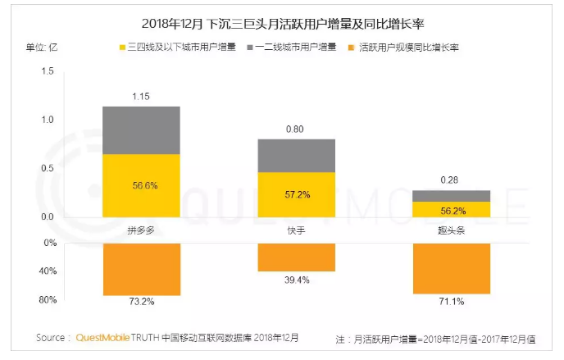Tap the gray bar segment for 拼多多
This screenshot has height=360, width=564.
pyautogui.click(x=141, y=130)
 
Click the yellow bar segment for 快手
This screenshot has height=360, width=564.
pyautogui.click(x=296, y=194)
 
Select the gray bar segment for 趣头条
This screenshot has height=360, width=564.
pyautogui.click(x=451, y=196)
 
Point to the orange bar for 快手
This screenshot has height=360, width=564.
pyautogui.click(x=296, y=257)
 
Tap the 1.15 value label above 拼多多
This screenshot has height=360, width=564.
pyautogui.click(x=141, y=97)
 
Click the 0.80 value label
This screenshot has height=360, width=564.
pyautogui.click(x=296, y=130)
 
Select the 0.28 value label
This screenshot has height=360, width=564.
pyautogui.click(x=451, y=180)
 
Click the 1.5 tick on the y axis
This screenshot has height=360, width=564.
pyautogui.click(x=47, y=72)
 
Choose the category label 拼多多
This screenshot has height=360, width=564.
pyautogui.click(x=141, y=231)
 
